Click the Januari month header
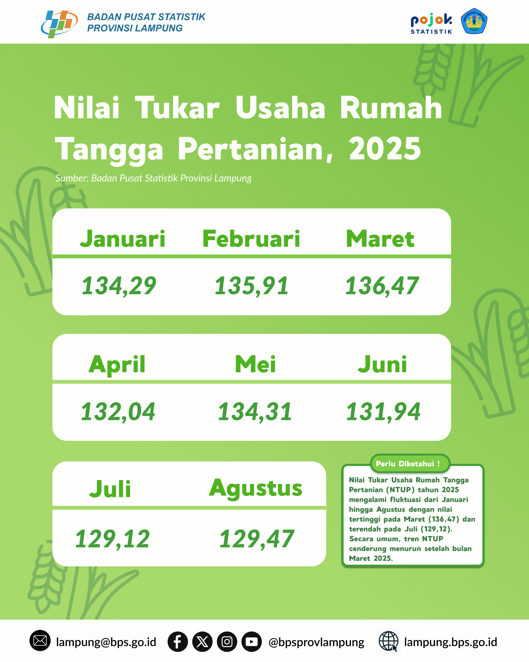pyautogui.click(x=122, y=239)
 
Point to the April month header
pyautogui.click(x=117, y=365)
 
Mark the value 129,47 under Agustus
pyautogui.click(x=257, y=539)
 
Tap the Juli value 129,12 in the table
pyautogui.click(x=112, y=539)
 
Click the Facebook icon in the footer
pyautogui.click(x=178, y=642)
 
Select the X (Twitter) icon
pyautogui.click(x=202, y=642)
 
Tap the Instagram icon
pyautogui.click(x=227, y=642)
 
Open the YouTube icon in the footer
pyautogui.click(x=252, y=642)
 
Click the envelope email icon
pyautogui.click(x=40, y=641)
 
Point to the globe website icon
pyautogui.click(x=388, y=641)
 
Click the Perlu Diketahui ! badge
pyautogui.click(x=410, y=464)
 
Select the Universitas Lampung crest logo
pyautogui.click(x=474, y=21)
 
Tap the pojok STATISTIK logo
pyautogui.click(x=431, y=23)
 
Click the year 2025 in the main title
pyautogui.click(x=385, y=149)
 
